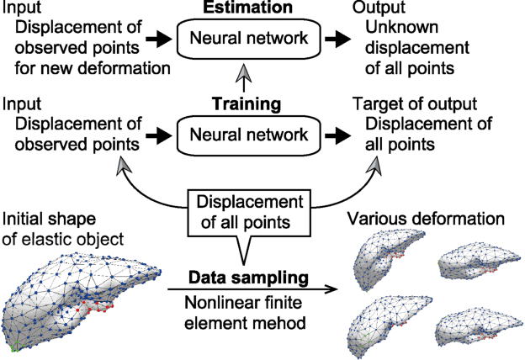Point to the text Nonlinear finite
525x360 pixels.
tap(246, 304)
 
